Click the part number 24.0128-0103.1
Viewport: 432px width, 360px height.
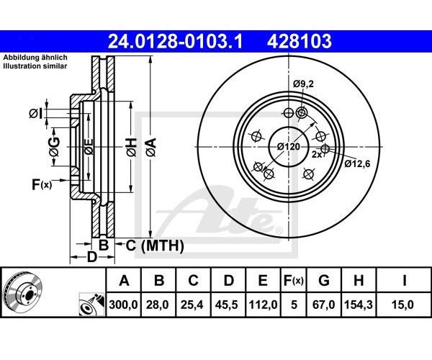(x=175, y=41)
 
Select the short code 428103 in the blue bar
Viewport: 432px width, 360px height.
(x=300, y=41)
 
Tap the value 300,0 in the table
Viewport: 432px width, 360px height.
(x=123, y=305)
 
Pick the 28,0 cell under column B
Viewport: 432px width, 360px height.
(x=157, y=305)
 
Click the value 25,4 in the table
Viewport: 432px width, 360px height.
(x=192, y=305)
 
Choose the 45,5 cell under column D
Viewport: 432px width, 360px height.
(x=227, y=305)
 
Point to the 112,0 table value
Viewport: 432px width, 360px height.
(x=263, y=305)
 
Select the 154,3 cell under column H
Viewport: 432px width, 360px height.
(x=359, y=305)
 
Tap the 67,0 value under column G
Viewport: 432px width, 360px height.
(x=323, y=305)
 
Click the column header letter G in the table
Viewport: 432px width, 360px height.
(x=324, y=280)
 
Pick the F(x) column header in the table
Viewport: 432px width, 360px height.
(x=294, y=281)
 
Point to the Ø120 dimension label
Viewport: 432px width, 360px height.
(x=289, y=147)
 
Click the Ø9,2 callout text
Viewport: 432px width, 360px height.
(x=303, y=84)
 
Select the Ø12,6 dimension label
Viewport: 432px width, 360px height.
(x=357, y=164)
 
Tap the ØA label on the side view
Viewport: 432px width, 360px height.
(x=151, y=148)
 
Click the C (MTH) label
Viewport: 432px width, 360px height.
(x=155, y=246)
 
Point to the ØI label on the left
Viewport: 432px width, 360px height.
(x=36, y=114)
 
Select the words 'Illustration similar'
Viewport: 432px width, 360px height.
(x=35, y=66)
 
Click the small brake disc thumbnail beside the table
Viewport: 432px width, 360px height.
(x=23, y=292)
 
